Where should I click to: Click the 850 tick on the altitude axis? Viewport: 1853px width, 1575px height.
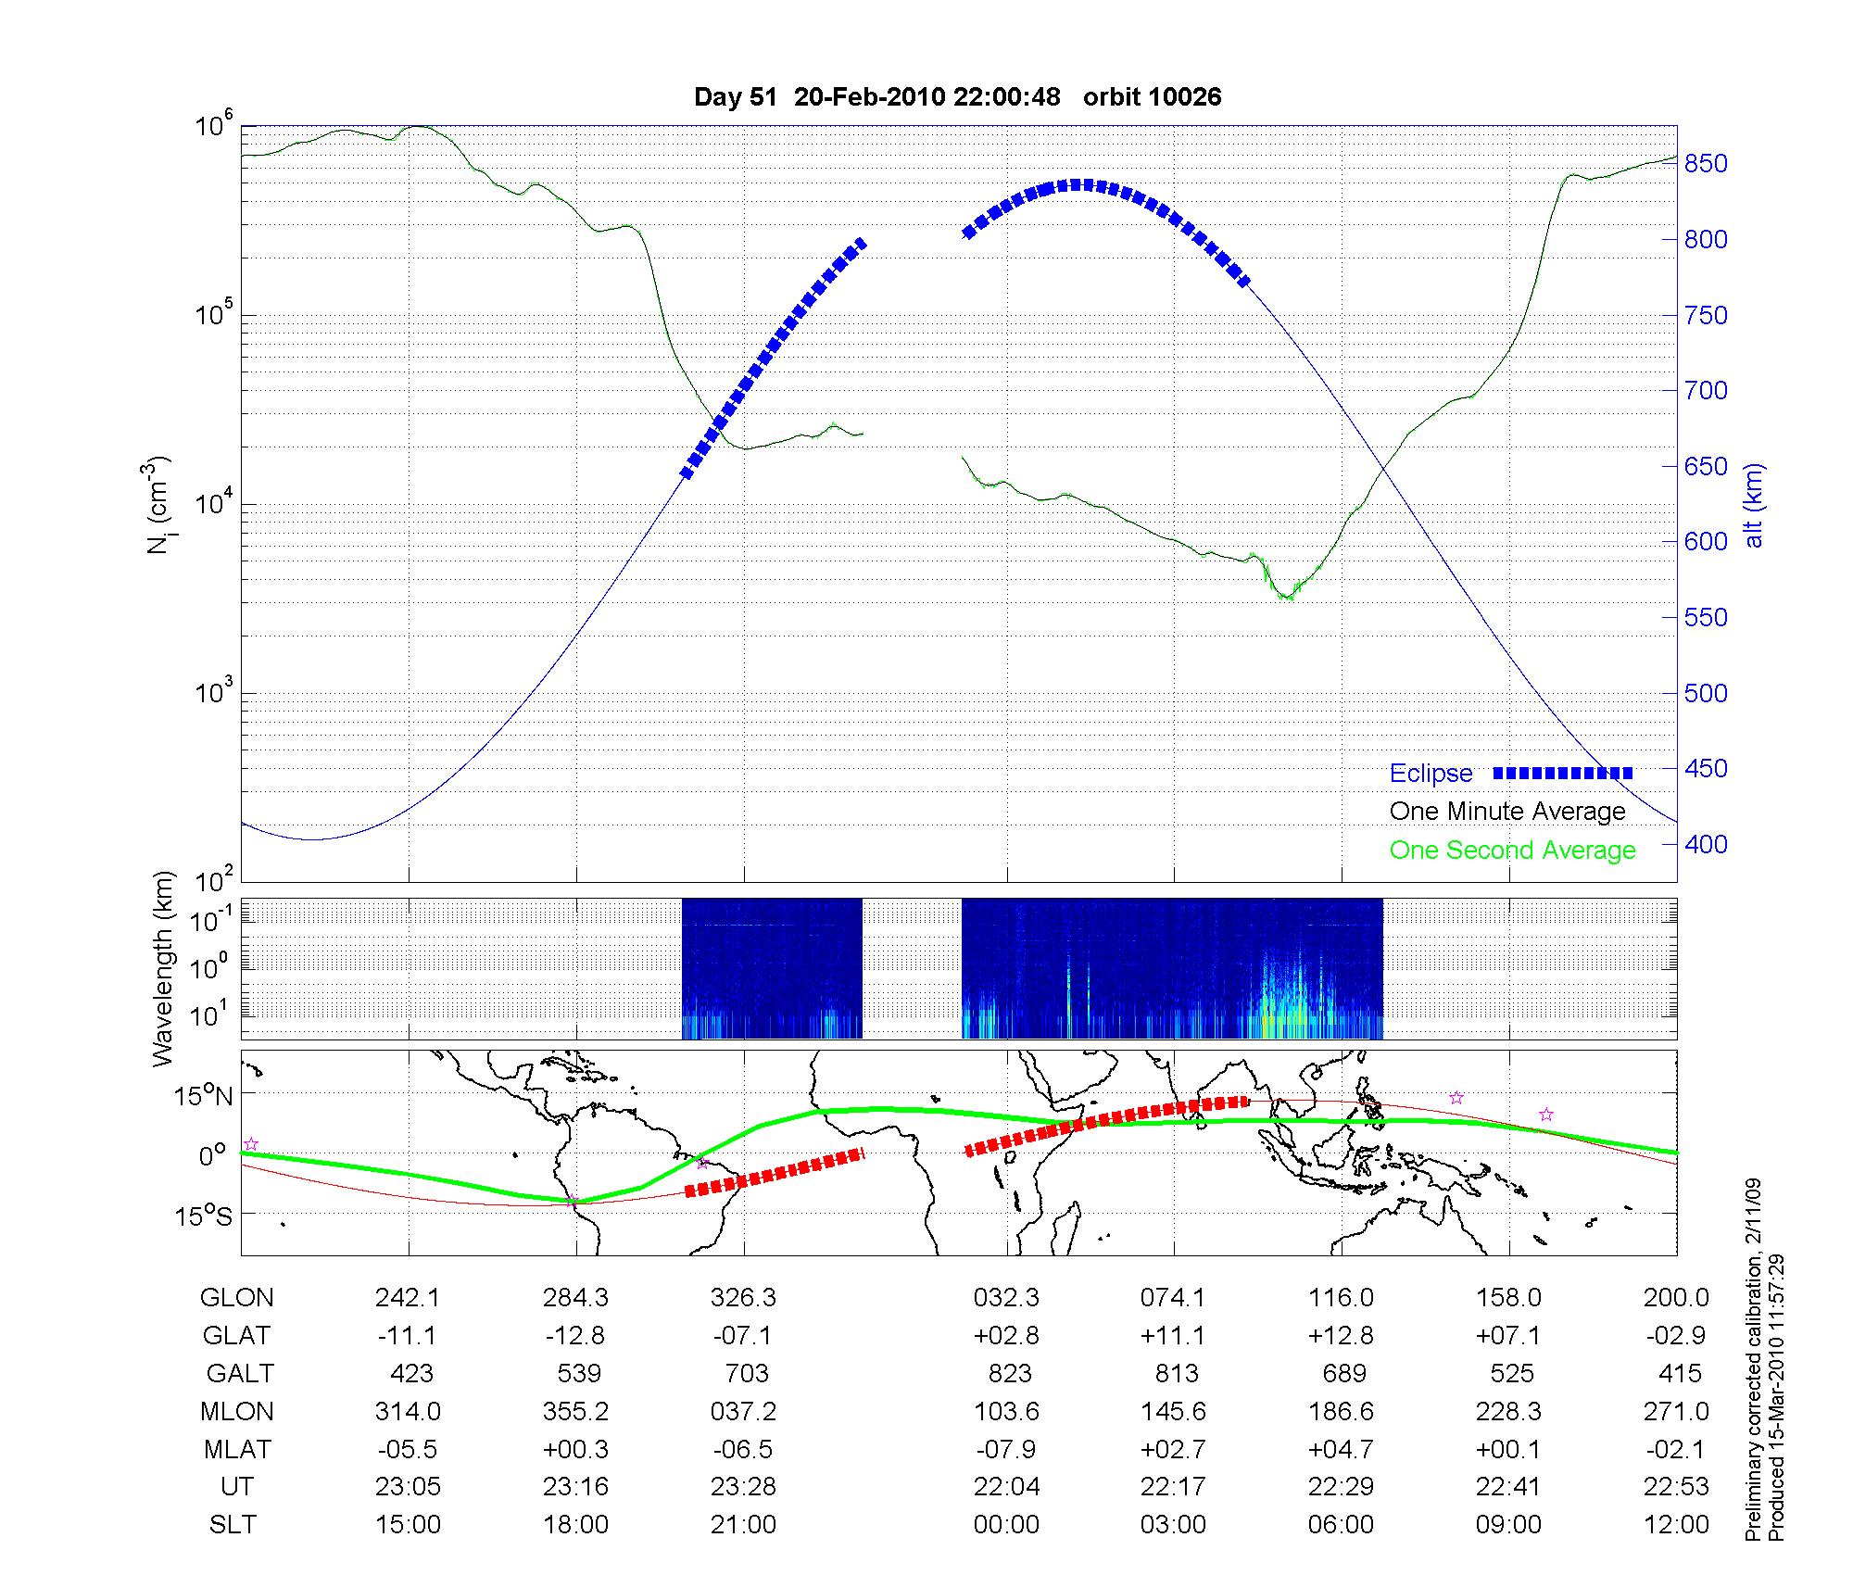pos(1706,164)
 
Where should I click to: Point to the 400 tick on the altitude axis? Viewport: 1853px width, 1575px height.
pos(1706,844)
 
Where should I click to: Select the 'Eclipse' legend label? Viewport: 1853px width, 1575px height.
pos(1431,774)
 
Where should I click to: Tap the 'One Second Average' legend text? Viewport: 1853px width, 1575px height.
pos(1512,850)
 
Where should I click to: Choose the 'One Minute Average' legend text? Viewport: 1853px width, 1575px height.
pos(1507,812)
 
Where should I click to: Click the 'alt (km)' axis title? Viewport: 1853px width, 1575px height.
pos(1754,505)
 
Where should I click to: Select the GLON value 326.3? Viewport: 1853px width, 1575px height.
pos(743,1298)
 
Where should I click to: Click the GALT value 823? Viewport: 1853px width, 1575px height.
pos(1009,1373)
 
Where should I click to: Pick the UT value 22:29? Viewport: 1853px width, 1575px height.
pos(1342,1487)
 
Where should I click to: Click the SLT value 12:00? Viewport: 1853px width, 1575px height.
pos(1676,1525)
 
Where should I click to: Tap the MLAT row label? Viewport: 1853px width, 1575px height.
pos(237,1449)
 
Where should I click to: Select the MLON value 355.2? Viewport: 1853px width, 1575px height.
pos(575,1411)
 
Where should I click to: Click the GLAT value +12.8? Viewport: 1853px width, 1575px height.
pos(1342,1336)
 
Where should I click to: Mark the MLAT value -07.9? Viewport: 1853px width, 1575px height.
pos(1007,1449)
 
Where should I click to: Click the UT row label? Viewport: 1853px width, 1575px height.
pos(236,1487)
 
